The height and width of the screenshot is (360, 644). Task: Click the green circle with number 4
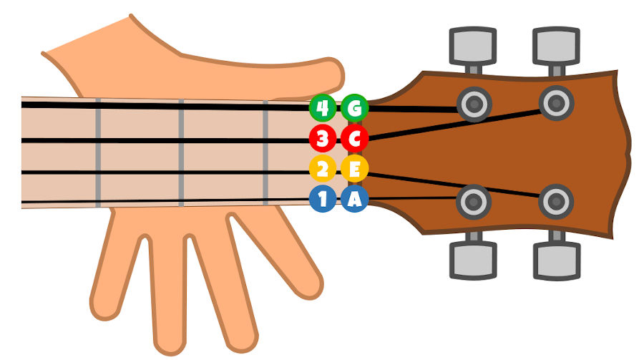(323, 108)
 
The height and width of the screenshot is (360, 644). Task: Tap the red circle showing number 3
(323, 139)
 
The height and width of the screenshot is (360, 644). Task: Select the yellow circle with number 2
(323, 168)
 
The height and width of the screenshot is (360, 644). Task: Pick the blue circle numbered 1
(323, 198)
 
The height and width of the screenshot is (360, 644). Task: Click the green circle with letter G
(354, 108)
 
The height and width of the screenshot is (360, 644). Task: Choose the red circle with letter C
(354, 139)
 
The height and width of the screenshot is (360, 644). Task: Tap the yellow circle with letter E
(354, 168)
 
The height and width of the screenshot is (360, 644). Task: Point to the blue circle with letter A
(354, 198)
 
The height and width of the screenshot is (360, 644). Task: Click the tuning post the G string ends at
(474, 104)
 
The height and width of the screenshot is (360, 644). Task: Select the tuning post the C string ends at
(556, 103)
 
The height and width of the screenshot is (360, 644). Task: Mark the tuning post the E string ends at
(556, 202)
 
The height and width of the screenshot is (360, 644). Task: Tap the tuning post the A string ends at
(474, 202)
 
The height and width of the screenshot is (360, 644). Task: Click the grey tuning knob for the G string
(473, 46)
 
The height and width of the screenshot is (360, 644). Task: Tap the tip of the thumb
(341, 74)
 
